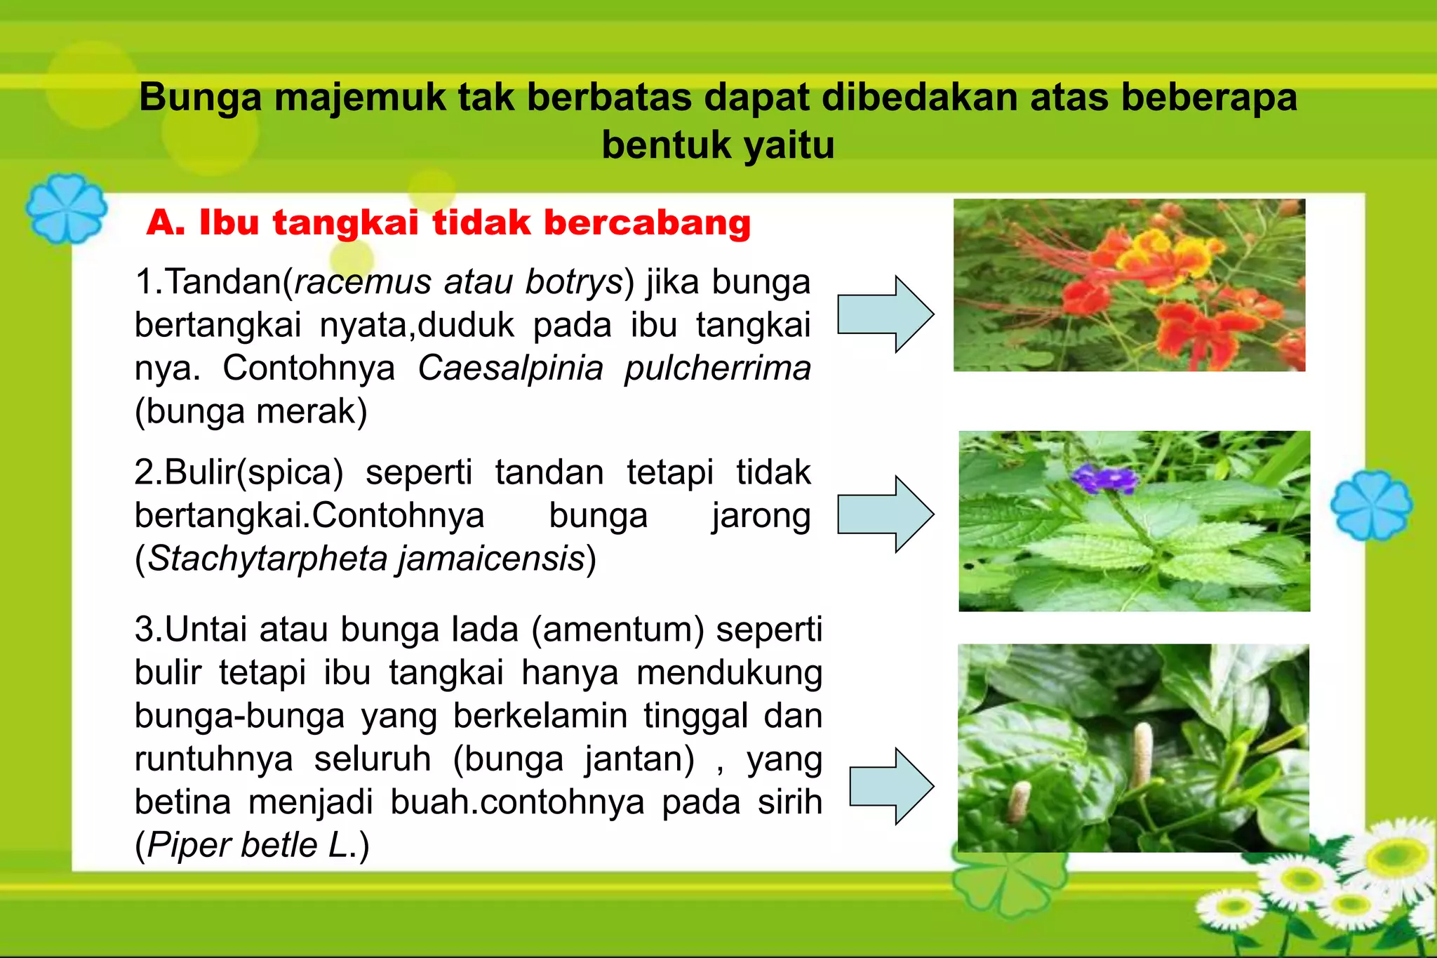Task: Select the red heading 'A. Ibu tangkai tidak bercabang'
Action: (448, 223)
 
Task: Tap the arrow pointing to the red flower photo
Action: (885, 314)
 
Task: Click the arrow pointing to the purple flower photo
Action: (885, 514)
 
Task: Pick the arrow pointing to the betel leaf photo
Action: (891, 786)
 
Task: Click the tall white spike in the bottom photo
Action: (1142, 754)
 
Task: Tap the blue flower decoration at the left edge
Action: (66, 208)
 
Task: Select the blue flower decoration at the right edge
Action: (1371, 505)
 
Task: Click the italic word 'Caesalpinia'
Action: (510, 368)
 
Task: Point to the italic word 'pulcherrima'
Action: (717, 368)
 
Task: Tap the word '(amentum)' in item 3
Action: (617, 629)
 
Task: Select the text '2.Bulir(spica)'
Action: (239, 472)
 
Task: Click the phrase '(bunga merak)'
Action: (251, 412)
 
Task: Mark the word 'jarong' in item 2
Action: (761, 516)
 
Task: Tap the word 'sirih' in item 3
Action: (789, 802)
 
